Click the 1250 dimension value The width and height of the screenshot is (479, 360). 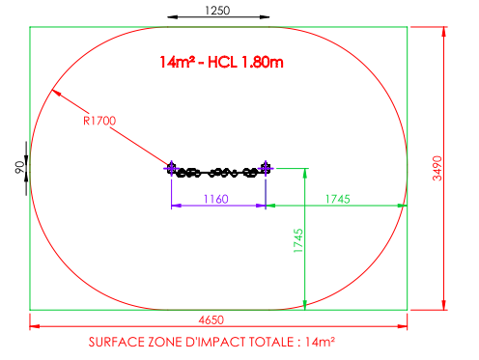(217, 11)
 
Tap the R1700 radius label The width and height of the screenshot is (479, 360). (99, 121)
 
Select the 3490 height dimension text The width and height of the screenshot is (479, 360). (437, 168)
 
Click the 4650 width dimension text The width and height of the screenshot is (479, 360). (211, 320)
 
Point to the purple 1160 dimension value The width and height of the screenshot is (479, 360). (216, 199)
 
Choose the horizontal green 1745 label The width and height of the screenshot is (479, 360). (337, 199)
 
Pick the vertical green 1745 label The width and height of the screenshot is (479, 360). (298, 240)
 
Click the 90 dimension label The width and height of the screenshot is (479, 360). (19, 167)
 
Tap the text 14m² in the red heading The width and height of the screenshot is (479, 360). (178, 62)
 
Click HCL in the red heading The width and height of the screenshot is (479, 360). (222, 62)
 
